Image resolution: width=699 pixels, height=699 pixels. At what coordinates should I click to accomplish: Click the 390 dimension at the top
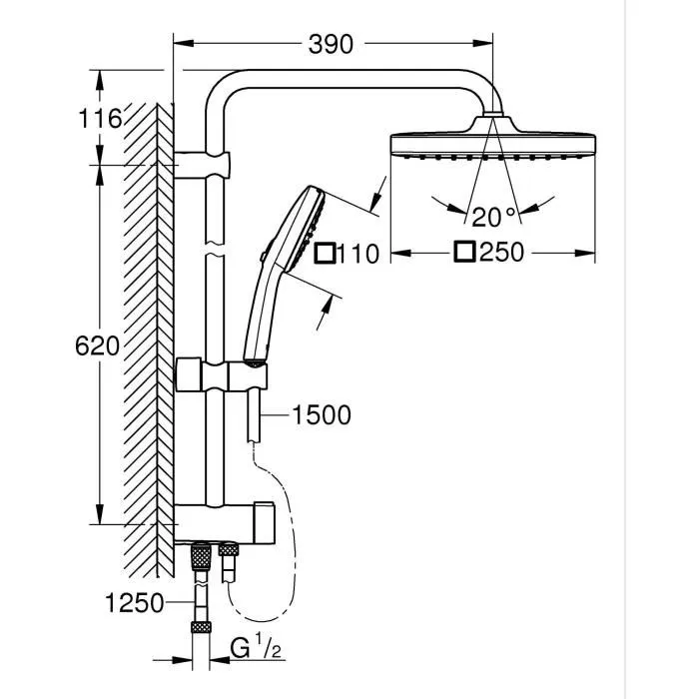(331, 43)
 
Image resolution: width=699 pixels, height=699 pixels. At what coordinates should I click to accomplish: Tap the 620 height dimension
(97, 347)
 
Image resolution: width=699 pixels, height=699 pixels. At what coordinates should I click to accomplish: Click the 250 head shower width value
(500, 253)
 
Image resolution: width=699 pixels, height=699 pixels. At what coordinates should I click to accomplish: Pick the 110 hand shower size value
(357, 254)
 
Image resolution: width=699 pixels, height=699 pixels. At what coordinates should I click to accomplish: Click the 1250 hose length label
(133, 601)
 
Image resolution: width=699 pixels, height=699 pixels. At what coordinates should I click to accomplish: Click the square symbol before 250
(463, 253)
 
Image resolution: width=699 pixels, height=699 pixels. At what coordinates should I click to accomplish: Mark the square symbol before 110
(325, 254)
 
